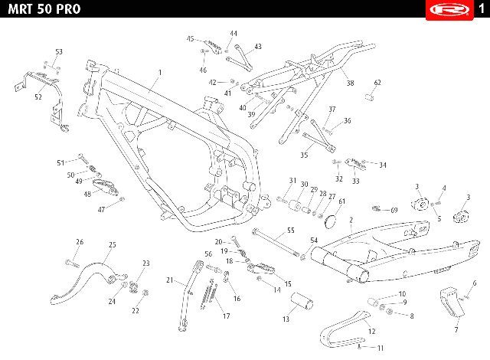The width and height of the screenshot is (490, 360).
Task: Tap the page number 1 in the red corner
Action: (x=479, y=8)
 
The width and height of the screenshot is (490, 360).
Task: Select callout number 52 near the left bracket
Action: (x=38, y=97)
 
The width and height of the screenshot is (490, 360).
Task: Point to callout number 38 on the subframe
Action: (x=349, y=83)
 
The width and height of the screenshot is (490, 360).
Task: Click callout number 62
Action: (x=377, y=83)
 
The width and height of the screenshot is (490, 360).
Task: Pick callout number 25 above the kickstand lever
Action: (x=112, y=244)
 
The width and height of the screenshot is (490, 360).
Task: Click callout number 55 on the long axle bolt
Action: (x=290, y=230)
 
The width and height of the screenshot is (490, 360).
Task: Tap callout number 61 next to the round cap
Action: (x=341, y=201)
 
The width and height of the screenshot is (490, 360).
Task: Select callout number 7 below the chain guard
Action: (x=456, y=331)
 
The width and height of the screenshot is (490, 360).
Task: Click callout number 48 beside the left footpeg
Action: (x=87, y=194)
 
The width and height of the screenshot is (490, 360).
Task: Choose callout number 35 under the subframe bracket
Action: (x=303, y=155)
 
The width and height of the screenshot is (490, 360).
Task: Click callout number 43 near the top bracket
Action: (x=258, y=47)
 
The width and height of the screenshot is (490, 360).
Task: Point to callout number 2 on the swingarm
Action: (x=350, y=221)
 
